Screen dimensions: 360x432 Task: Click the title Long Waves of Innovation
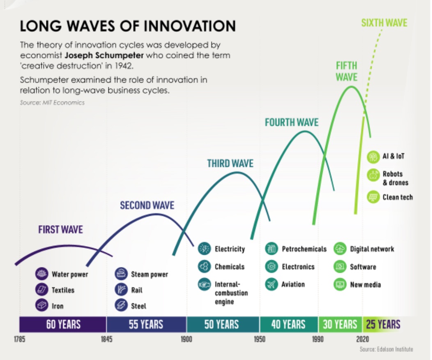tap(128, 26)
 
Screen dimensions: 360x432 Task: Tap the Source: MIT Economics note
tap(52, 102)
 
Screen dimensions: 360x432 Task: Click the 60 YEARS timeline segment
tap(63, 324)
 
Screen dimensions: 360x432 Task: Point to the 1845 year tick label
tap(107, 339)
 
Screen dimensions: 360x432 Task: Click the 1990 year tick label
tap(318, 339)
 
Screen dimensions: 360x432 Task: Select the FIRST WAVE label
tap(60, 229)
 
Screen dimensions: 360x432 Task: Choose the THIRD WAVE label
tap(230, 164)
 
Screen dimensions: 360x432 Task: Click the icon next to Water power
tap(41, 274)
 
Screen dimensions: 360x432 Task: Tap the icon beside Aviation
tap(271, 284)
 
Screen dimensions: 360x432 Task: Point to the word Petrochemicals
tap(304, 249)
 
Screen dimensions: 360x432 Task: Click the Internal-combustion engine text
tap(231, 293)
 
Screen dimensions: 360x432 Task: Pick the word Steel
tap(139, 306)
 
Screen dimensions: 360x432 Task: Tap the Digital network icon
tap(340, 249)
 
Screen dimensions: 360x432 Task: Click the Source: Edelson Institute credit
tap(386, 349)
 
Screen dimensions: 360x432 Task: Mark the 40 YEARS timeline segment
tap(288, 324)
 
